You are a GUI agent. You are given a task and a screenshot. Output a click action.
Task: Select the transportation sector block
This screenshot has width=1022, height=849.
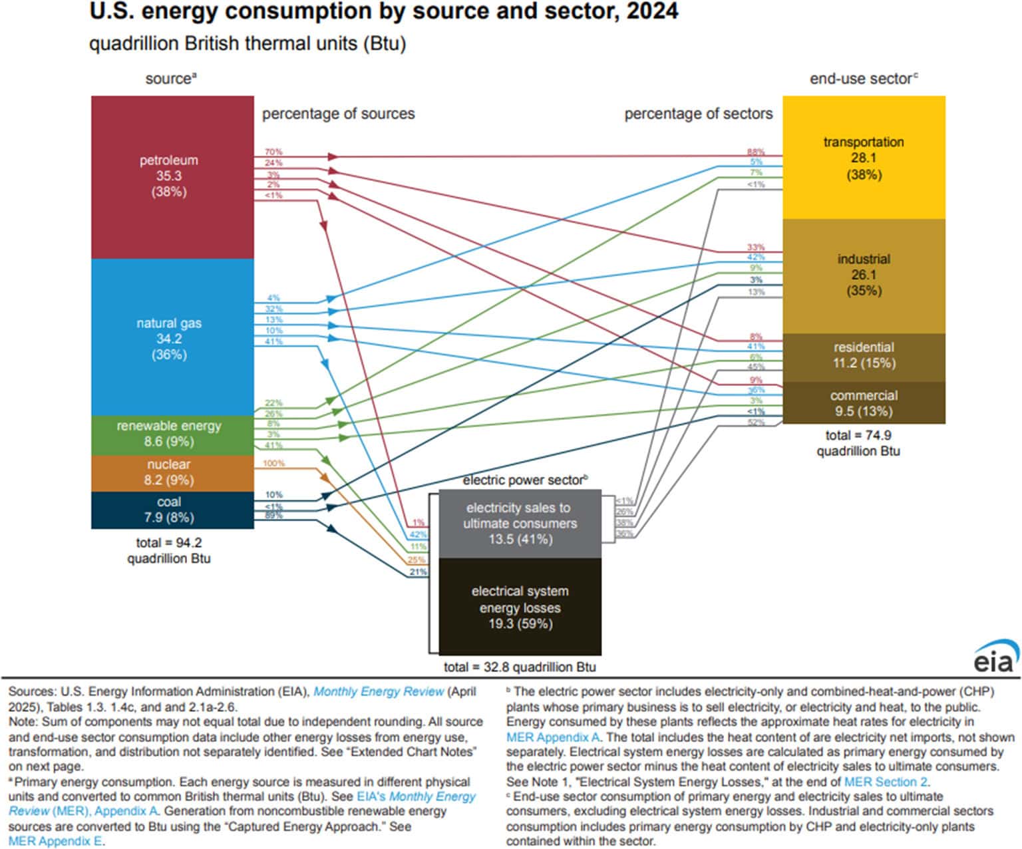tap(864, 158)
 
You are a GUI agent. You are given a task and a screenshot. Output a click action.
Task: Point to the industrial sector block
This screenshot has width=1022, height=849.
tap(864, 275)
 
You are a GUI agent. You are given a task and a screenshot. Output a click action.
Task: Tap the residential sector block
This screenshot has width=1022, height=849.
tap(864, 355)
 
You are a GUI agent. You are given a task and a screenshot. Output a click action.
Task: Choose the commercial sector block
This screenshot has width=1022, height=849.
tap(864, 403)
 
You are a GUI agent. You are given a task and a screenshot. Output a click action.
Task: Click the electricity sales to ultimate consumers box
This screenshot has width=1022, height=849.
tap(520, 524)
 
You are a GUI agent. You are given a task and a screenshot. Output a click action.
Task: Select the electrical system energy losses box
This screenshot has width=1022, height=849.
tap(520, 607)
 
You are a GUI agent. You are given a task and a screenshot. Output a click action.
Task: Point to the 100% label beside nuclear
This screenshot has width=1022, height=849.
tap(273, 463)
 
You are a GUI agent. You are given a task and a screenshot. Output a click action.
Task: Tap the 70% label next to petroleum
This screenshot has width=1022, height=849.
tap(273, 152)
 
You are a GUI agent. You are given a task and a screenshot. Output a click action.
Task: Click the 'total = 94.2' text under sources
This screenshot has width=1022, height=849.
tap(168, 543)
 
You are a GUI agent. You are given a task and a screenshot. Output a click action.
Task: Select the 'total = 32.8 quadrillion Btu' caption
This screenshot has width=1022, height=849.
tap(520, 667)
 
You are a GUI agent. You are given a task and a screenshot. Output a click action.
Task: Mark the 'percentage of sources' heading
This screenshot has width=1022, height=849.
tap(338, 114)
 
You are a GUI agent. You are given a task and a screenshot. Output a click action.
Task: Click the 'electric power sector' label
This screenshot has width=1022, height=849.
tap(525, 480)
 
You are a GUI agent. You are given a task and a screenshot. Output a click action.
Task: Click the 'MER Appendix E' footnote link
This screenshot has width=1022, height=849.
tap(56, 841)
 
